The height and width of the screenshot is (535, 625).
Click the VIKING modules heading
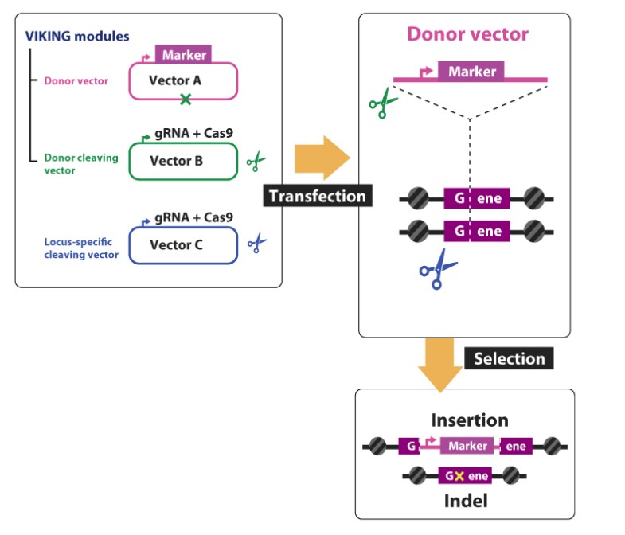pos(77,37)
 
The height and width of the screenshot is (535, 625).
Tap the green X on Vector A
pos(186,100)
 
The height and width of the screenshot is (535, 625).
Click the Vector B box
pos(182,162)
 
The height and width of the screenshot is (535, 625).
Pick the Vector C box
pos(182,245)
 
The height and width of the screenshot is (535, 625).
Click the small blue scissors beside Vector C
pos(256,244)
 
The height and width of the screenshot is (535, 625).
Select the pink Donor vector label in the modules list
pos(76,80)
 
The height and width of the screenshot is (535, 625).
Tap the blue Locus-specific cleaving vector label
pos(81,248)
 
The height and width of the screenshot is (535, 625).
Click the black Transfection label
pos(318,196)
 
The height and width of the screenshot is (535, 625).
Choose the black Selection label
pos(510,358)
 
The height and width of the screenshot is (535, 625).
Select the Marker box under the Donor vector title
pos(471,72)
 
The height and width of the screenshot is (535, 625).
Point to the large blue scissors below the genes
pos(438,270)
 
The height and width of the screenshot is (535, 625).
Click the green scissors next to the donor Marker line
pos(383,104)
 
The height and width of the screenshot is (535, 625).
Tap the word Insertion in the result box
pos(469,420)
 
